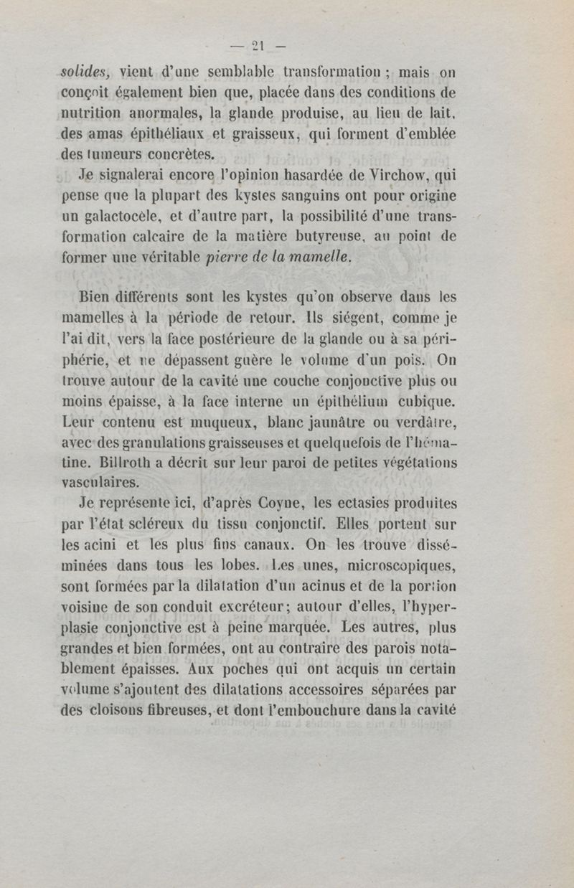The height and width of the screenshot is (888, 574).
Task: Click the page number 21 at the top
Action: (x=258, y=47)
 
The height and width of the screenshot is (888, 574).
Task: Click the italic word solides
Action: (x=83, y=72)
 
